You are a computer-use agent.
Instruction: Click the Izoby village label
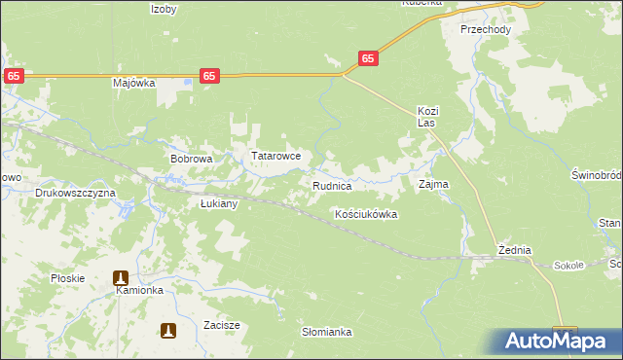(164, 8)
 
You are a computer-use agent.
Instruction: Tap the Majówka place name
(134, 83)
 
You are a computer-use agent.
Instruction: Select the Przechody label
(486, 29)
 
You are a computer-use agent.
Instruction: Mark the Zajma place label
(433, 183)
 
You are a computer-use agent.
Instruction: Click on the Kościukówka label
(366, 214)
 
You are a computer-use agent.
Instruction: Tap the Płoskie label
(68, 278)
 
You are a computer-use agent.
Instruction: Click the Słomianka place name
(326, 332)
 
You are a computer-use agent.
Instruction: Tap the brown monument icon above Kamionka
(122, 277)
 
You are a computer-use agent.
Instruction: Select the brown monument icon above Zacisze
(169, 331)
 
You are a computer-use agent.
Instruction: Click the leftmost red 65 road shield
(14, 75)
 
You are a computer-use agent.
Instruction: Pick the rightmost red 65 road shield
(367, 58)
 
